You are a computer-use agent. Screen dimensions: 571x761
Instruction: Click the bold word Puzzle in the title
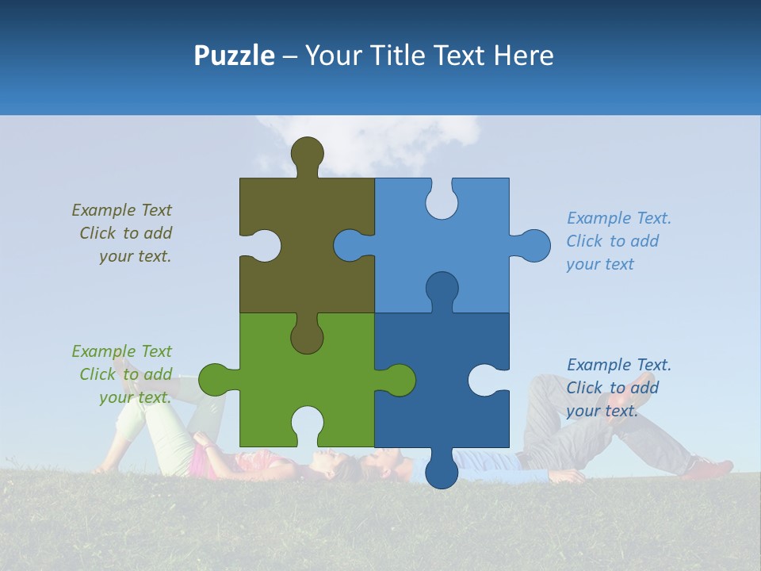click(x=234, y=56)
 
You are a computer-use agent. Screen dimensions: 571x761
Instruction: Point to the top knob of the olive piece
click(x=307, y=155)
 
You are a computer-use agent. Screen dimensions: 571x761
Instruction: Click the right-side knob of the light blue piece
click(x=533, y=246)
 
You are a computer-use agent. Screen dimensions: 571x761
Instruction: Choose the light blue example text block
click(x=618, y=241)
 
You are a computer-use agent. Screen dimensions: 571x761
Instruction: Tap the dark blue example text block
click(x=618, y=388)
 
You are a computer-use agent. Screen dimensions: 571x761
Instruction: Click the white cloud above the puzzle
click(x=373, y=143)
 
